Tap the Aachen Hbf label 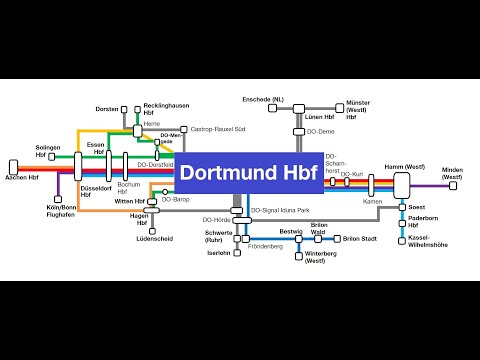pyautogui.click(x=23, y=176)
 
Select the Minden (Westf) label pyautogui.click(x=453, y=173)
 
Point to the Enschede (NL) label pyautogui.click(x=263, y=100)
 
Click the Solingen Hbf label pyautogui.click(x=49, y=151)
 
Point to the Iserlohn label pyautogui.click(x=218, y=253)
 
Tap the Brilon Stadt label pyautogui.click(x=360, y=239)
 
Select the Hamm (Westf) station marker pyautogui.click(x=403, y=184)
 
